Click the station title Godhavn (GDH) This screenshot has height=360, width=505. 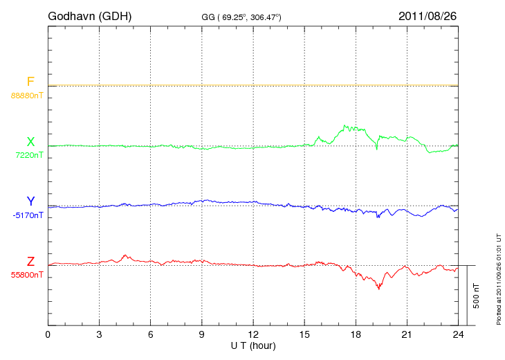pyautogui.click(x=89, y=15)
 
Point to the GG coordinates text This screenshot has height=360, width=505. pyautogui.click(x=241, y=16)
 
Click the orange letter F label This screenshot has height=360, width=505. pyautogui.click(x=30, y=82)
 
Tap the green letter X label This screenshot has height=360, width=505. pyautogui.click(x=30, y=142)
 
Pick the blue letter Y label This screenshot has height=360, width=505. pyautogui.click(x=30, y=202)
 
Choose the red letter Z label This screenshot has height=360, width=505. pyautogui.click(x=30, y=262)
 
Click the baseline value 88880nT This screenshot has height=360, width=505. pyautogui.click(x=27, y=95)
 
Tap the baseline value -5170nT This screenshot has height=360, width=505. pyautogui.click(x=28, y=215)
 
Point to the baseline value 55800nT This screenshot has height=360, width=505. pyautogui.click(x=27, y=275)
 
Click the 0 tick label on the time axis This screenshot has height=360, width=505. pyautogui.click(x=48, y=334)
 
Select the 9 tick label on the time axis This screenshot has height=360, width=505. pyautogui.click(x=202, y=334)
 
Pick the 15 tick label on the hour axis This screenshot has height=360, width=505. pyautogui.click(x=304, y=334)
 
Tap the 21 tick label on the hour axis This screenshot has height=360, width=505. pyautogui.click(x=407, y=334)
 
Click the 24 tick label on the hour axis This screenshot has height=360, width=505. pyautogui.click(x=458, y=334)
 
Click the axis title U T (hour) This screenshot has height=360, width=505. pyautogui.click(x=253, y=345)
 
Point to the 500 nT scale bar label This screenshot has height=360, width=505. pyautogui.click(x=476, y=295)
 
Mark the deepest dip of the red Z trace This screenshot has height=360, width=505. pyautogui.click(x=378, y=288)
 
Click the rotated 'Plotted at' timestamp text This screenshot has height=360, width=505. pyautogui.click(x=499, y=277)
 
